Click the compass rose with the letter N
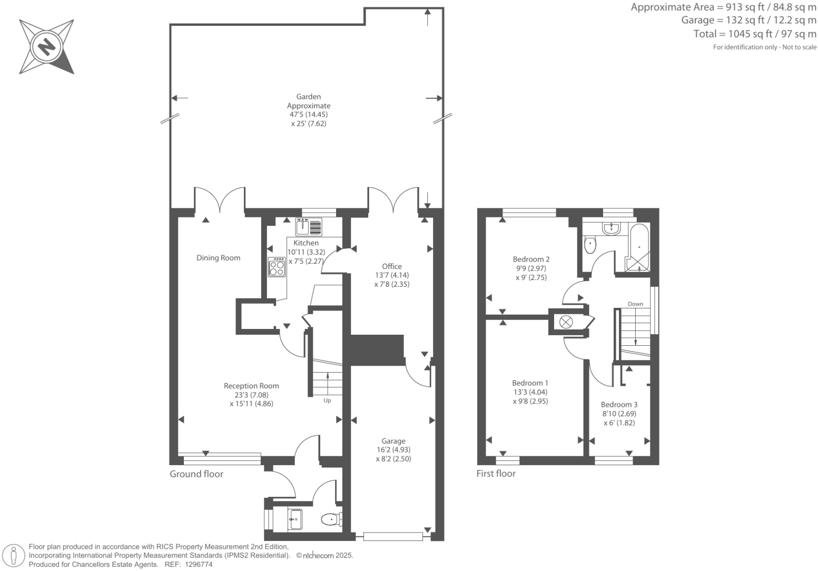point(46,46)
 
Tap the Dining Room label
point(218,258)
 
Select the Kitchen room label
point(306,243)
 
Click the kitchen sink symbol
point(303,227)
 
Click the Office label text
point(392,266)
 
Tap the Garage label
point(393,441)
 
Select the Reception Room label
point(251,386)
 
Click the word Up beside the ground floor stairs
point(327,400)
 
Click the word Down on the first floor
point(635,304)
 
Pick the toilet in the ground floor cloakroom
point(330,520)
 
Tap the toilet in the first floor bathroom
point(590,244)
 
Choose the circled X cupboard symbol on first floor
point(566,322)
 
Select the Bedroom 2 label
point(531,259)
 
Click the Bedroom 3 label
point(619,405)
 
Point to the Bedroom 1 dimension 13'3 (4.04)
point(530,392)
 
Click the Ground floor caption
point(196,474)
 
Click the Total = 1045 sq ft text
point(754,34)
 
